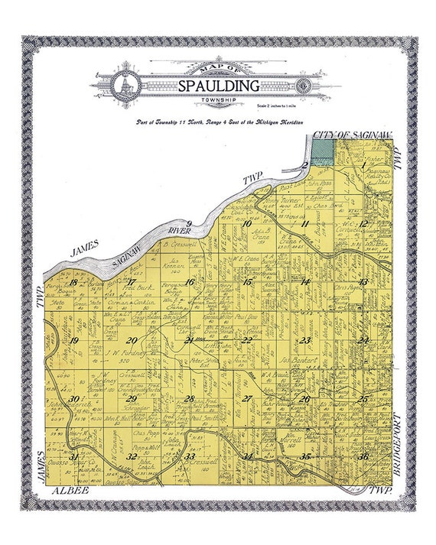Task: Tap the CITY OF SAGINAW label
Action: tap(353, 135)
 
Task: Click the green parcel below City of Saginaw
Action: tap(324, 151)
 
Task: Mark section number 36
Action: tap(363, 456)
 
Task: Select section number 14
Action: tap(304, 282)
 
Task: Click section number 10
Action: tap(246, 224)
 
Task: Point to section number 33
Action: tap(190, 456)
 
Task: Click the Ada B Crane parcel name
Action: tap(263, 232)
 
